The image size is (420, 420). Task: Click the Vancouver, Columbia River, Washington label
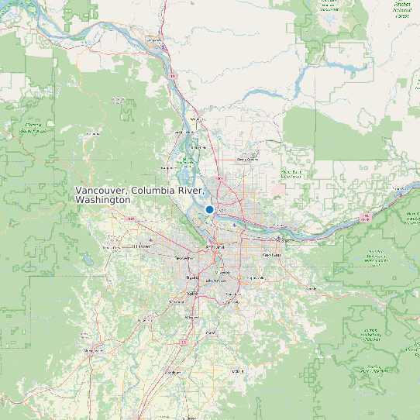pyautogui.click(x=139, y=195)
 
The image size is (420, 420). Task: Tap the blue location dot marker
pyautogui.click(x=209, y=209)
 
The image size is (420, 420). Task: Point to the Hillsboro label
pyautogui.click(x=141, y=246)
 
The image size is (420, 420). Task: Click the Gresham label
pyautogui.click(x=272, y=255)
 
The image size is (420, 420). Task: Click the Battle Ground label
pyautogui.click(x=247, y=157)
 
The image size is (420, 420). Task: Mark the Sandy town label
pyautogui.click(x=312, y=288)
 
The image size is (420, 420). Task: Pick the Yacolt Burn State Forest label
pyautogui.click(x=291, y=174)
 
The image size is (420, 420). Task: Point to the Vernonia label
pyautogui.click(x=93, y=133)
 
